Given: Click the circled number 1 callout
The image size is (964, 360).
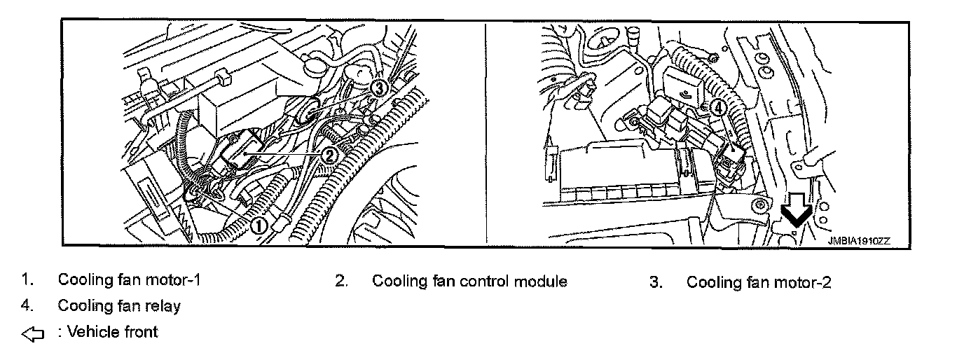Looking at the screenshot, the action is pyautogui.click(x=259, y=225).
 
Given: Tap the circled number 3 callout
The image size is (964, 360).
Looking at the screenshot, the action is pyautogui.click(x=378, y=88).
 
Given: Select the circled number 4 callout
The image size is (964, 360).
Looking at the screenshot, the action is pyautogui.click(x=717, y=109).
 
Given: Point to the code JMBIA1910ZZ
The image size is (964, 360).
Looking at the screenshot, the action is pyautogui.click(x=858, y=240).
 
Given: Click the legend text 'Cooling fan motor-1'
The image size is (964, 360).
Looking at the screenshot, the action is pyautogui.click(x=129, y=281).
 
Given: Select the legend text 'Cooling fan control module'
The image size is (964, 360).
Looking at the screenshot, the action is pyautogui.click(x=469, y=282).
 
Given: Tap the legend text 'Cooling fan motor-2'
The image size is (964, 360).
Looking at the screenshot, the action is pyautogui.click(x=759, y=282).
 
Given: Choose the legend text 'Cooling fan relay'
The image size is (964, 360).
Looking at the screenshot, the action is pyautogui.click(x=119, y=306).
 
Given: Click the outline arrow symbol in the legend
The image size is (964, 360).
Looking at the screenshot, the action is pyautogui.click(x=33, y=334).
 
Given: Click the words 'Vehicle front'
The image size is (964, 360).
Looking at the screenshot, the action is pyautogui.click(x=112, y=332).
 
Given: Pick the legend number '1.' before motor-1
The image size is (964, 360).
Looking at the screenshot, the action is pyautogui.click(x=27, y=280).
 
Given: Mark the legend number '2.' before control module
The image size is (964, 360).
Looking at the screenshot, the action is pyautogui.click(x=341, y=282).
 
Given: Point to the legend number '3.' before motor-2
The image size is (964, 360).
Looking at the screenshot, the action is pyautogui.click(x=656, y=282).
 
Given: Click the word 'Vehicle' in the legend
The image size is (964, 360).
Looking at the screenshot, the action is pyautogui.click(x=93, y=332).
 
